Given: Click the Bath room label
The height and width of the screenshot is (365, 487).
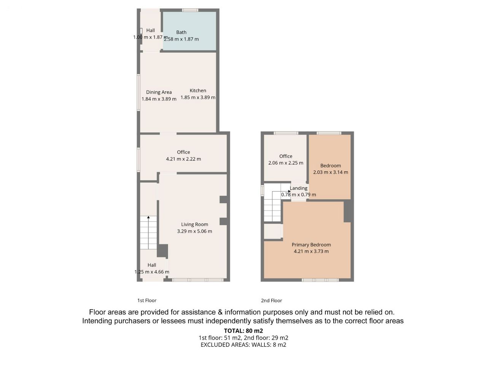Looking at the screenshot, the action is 181,32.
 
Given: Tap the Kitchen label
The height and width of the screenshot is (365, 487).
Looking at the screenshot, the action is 198,90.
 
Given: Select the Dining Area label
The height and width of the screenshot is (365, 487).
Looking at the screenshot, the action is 159,92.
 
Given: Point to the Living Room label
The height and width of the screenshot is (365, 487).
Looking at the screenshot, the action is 194,224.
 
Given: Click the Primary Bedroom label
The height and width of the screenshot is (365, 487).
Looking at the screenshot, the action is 311,244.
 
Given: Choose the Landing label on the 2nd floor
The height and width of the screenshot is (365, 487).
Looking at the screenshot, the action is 299,188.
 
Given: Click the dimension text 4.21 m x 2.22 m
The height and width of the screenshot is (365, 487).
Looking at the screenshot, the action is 183,159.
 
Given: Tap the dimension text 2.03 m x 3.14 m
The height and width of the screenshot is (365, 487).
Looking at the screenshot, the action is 330,172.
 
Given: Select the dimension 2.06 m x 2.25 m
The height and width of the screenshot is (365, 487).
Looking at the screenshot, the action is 286,163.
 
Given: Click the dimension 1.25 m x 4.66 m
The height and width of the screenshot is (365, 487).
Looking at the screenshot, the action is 152,272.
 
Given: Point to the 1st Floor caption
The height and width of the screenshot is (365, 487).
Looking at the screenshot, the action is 146,300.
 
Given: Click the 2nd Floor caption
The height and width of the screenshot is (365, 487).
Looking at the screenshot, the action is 271,300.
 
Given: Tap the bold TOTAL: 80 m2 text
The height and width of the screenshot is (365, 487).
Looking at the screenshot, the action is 243,331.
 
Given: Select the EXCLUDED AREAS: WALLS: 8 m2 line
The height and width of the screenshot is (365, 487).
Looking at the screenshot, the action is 243,344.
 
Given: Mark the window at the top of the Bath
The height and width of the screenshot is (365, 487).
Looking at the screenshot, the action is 190,10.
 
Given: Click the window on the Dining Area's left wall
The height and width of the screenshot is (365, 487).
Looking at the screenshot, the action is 138,92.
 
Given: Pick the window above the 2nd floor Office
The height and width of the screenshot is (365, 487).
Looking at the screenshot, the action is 286,133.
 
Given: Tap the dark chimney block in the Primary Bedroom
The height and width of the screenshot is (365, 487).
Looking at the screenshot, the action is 347,211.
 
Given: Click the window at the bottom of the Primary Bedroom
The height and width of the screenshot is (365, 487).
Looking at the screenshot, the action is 320,280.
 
